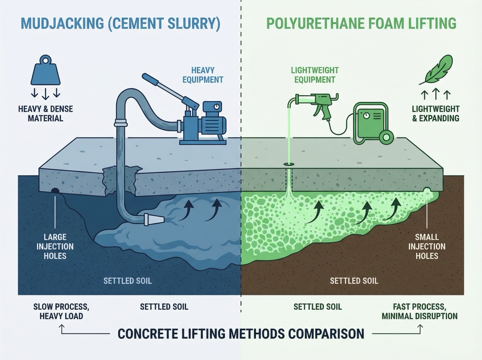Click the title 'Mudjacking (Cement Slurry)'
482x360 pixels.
(120, 23)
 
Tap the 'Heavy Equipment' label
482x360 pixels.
(202, 74)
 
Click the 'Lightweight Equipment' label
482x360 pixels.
(314, 75)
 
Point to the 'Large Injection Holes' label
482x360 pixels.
(55, 246)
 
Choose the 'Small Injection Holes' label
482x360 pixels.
(427, 246)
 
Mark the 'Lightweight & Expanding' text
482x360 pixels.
(435, 113)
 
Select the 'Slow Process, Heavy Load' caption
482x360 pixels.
(61, 311)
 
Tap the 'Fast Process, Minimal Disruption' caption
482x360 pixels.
(419, 311)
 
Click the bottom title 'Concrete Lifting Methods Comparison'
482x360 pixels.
(241, 333)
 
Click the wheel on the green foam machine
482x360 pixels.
(386, 137)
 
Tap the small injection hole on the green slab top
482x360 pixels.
(288, 164)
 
